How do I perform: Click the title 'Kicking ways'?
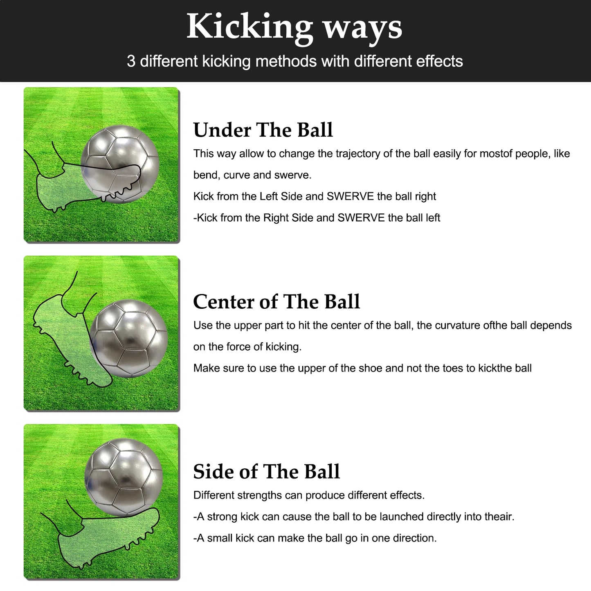294,27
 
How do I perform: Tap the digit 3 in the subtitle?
131,61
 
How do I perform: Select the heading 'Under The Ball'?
263,130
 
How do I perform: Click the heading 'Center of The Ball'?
276,302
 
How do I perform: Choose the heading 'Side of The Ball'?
266,472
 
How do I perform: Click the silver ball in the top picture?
120,159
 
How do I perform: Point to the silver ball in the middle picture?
129,339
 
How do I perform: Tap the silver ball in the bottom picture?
124,476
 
